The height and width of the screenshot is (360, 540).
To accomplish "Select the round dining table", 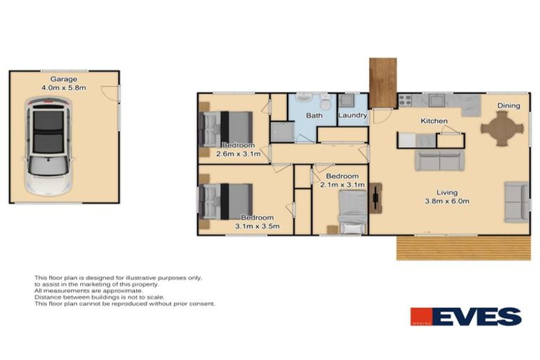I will (502, 129).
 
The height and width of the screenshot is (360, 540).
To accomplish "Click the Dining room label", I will (508, 106).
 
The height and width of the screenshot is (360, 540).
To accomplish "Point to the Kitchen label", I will (434, 122).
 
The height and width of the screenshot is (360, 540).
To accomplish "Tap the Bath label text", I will (314, 115).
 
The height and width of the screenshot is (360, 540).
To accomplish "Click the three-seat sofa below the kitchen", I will (439, 160).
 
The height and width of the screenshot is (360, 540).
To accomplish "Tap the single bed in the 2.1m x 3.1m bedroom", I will (352, 210).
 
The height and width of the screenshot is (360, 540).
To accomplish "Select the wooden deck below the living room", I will (463, 247).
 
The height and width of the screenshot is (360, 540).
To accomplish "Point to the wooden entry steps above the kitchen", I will (382, 81).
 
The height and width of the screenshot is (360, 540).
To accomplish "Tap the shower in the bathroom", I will (281, 131).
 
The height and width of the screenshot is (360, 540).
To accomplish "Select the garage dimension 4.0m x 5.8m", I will (63, 88).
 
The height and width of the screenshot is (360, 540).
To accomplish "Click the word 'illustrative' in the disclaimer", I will (129, 278).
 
